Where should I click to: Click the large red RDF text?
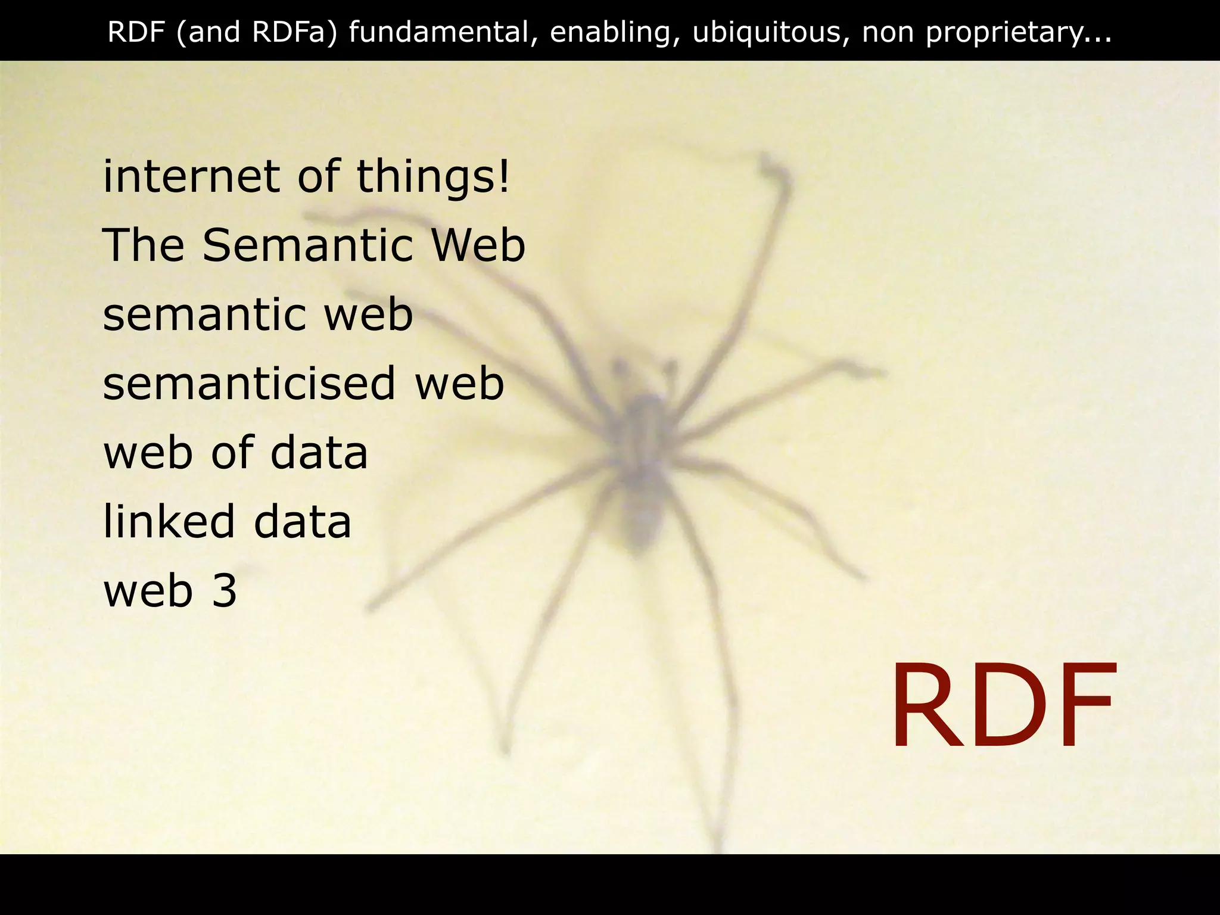[x=1002, y=706]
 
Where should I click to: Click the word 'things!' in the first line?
[x=433, y=177]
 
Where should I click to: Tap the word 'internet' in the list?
[x=191, y=177]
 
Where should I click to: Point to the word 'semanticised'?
[x=249, y=384]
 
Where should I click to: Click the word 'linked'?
[x=169, y=522]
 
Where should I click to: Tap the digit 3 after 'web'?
[x=225, y=591]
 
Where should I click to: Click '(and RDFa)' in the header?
[x=257, y=32]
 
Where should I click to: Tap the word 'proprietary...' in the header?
[x=1018, y=32]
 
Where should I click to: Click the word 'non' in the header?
[x=887, y=32]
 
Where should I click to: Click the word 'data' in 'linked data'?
[x=303, y=522]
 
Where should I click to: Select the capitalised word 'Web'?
[x=478, y=245]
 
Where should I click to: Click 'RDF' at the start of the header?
[x=136, y=32]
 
